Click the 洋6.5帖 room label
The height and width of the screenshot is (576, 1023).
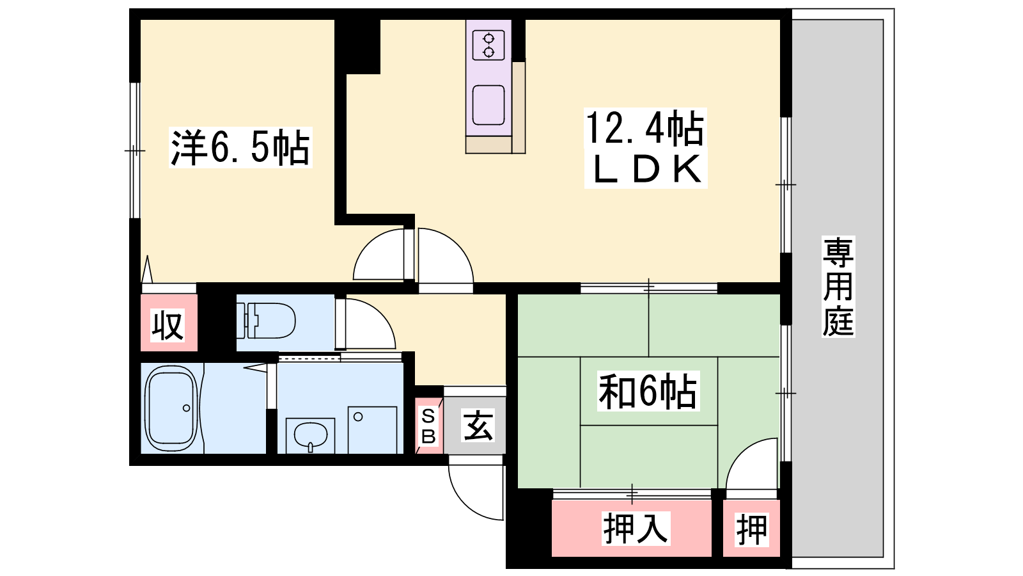pos(240,148)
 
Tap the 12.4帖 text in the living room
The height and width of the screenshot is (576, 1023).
pos(645,129)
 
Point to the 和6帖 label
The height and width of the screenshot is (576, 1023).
pos(648,391)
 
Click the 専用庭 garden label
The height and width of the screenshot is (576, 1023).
pos(838,287)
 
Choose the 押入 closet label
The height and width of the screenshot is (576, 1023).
pos(636,529)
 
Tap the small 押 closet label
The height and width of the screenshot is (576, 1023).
pos(751,530)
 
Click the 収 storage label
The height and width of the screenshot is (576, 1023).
pos(168,324)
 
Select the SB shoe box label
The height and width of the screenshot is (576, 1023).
pos(428,426)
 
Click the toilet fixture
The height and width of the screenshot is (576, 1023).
pos(266,320)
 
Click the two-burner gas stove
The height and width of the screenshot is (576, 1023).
pos(488,45)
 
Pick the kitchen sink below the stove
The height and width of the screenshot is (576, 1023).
pos(488,105)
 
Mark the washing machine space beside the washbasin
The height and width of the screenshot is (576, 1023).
pos(372,429)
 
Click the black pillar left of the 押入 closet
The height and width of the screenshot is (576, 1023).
pos(529,528)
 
